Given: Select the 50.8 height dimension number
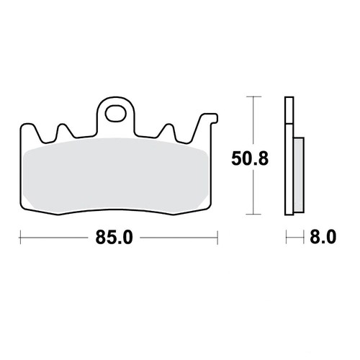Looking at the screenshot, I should (250, 158).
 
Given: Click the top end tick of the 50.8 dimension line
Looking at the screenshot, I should (251, 94).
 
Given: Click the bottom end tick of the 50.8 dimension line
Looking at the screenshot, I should (251, 214).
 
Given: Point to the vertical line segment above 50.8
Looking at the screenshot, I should (251, 119).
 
